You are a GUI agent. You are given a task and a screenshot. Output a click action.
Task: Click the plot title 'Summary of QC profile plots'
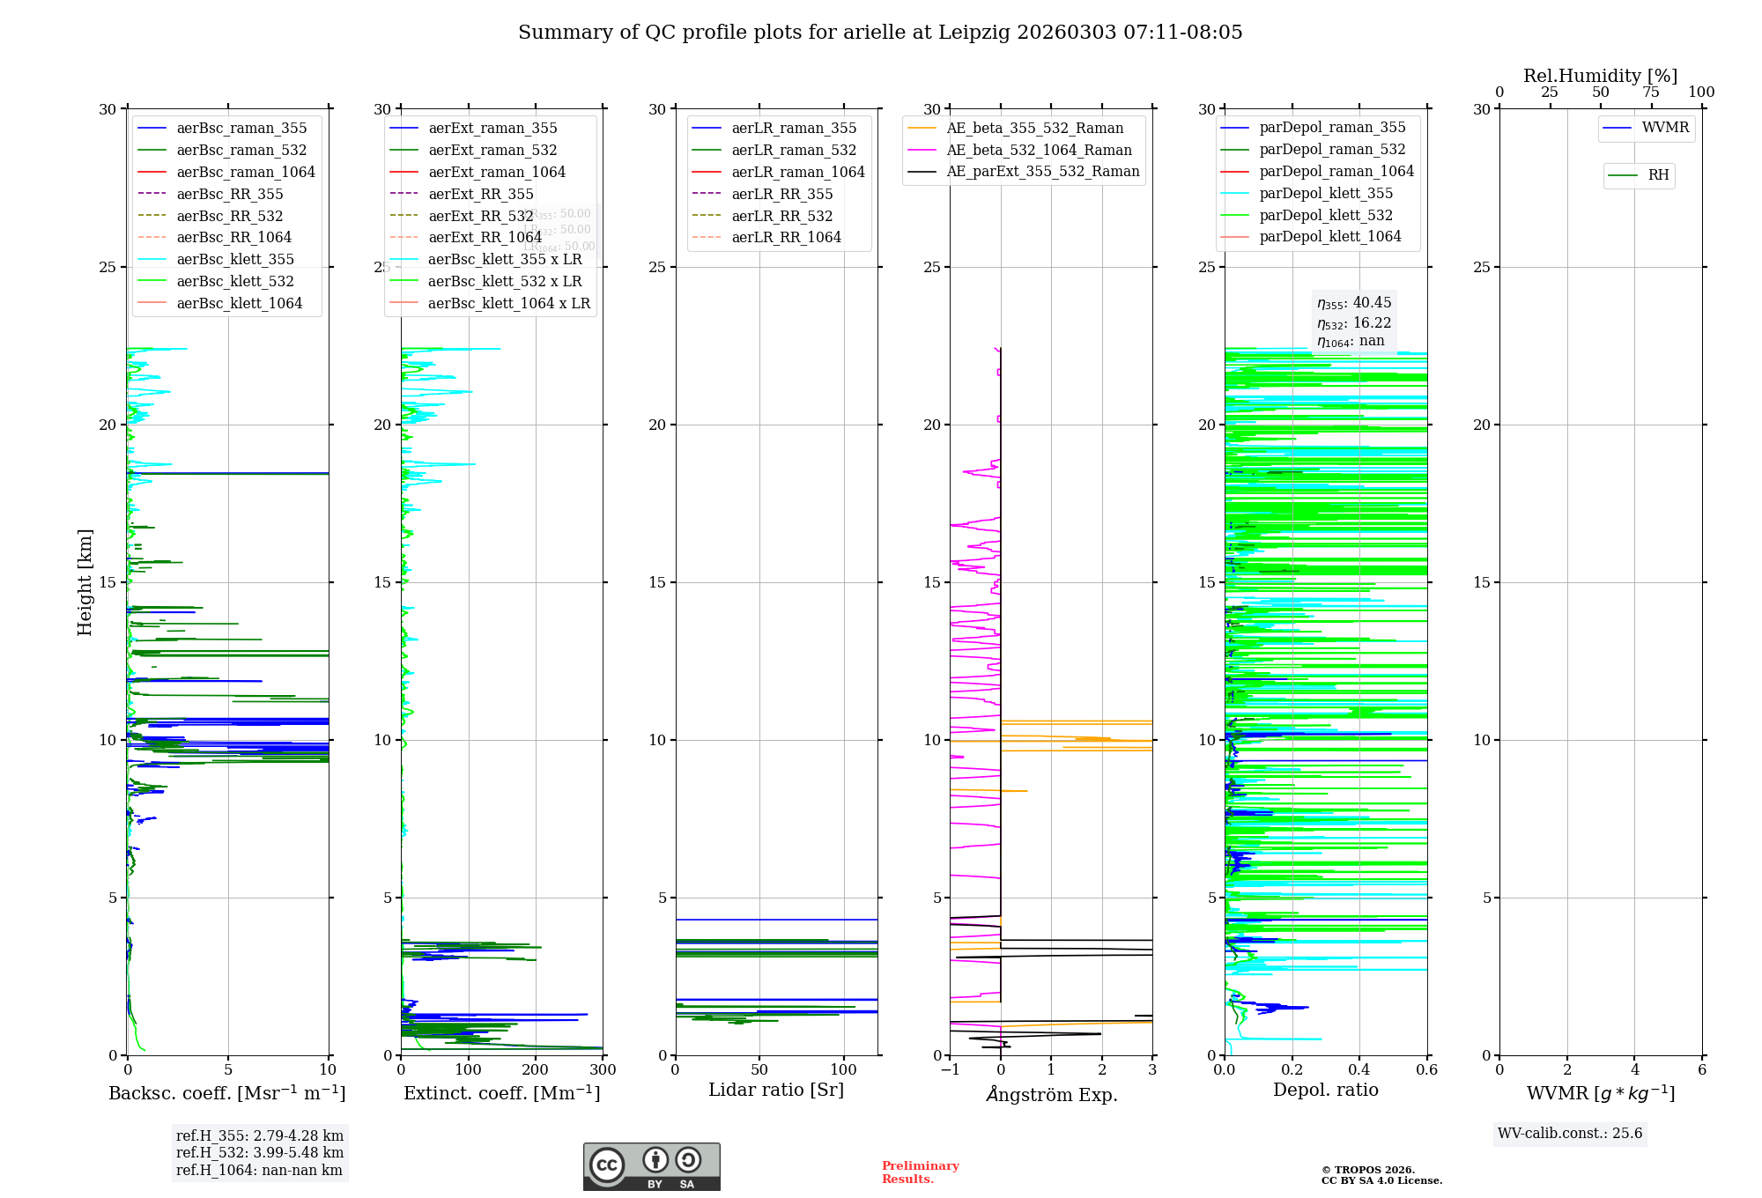879,33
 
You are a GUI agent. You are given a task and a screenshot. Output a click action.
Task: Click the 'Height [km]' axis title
85,582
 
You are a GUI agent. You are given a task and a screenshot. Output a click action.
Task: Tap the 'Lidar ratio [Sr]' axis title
775,1091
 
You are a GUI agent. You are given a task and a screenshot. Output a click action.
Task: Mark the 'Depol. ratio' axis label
1325,1091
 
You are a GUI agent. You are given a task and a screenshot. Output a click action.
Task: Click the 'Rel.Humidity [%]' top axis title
1600,77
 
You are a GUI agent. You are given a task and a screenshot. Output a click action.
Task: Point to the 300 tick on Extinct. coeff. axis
603,1070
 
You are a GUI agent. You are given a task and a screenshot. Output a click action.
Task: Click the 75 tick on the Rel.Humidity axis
1651,92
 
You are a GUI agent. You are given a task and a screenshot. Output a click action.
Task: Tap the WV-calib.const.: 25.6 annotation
1570,1134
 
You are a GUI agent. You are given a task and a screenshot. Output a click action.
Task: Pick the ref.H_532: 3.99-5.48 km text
259,1153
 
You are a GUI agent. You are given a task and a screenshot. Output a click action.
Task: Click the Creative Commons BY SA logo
651,1166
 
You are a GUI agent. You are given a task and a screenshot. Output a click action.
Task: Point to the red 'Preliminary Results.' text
920,1172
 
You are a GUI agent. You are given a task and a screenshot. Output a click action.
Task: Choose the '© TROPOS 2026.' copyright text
1367,1170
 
